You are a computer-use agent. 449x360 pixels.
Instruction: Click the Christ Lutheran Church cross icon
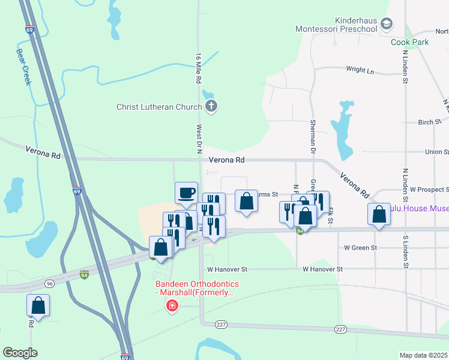(211, 107)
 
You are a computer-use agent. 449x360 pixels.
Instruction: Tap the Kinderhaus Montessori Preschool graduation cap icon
(387, 24)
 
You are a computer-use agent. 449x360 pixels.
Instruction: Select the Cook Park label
(410, 42)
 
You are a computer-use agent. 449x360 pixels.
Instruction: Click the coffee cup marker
(185, 193)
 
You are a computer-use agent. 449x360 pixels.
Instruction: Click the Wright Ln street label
(360, 70)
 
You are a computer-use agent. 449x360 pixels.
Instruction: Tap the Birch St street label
(429, 122)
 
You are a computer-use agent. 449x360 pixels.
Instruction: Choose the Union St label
(437, 152)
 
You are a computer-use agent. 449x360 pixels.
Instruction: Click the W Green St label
(360, 247)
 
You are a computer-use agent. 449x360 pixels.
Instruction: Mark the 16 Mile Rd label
(198, 68)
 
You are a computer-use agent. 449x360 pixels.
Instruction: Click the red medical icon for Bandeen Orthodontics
(172, 307)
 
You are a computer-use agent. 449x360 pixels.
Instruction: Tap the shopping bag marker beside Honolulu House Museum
(379, 214)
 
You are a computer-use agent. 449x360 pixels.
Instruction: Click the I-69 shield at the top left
(29, 29)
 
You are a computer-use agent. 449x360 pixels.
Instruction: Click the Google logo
(20, 353)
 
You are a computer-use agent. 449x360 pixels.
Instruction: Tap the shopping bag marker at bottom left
(38, 305)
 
